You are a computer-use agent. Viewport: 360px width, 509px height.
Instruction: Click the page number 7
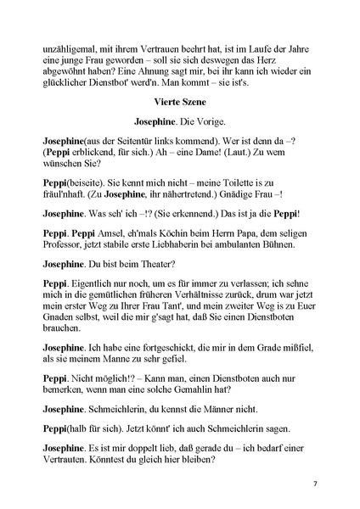(x=314, y=483)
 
